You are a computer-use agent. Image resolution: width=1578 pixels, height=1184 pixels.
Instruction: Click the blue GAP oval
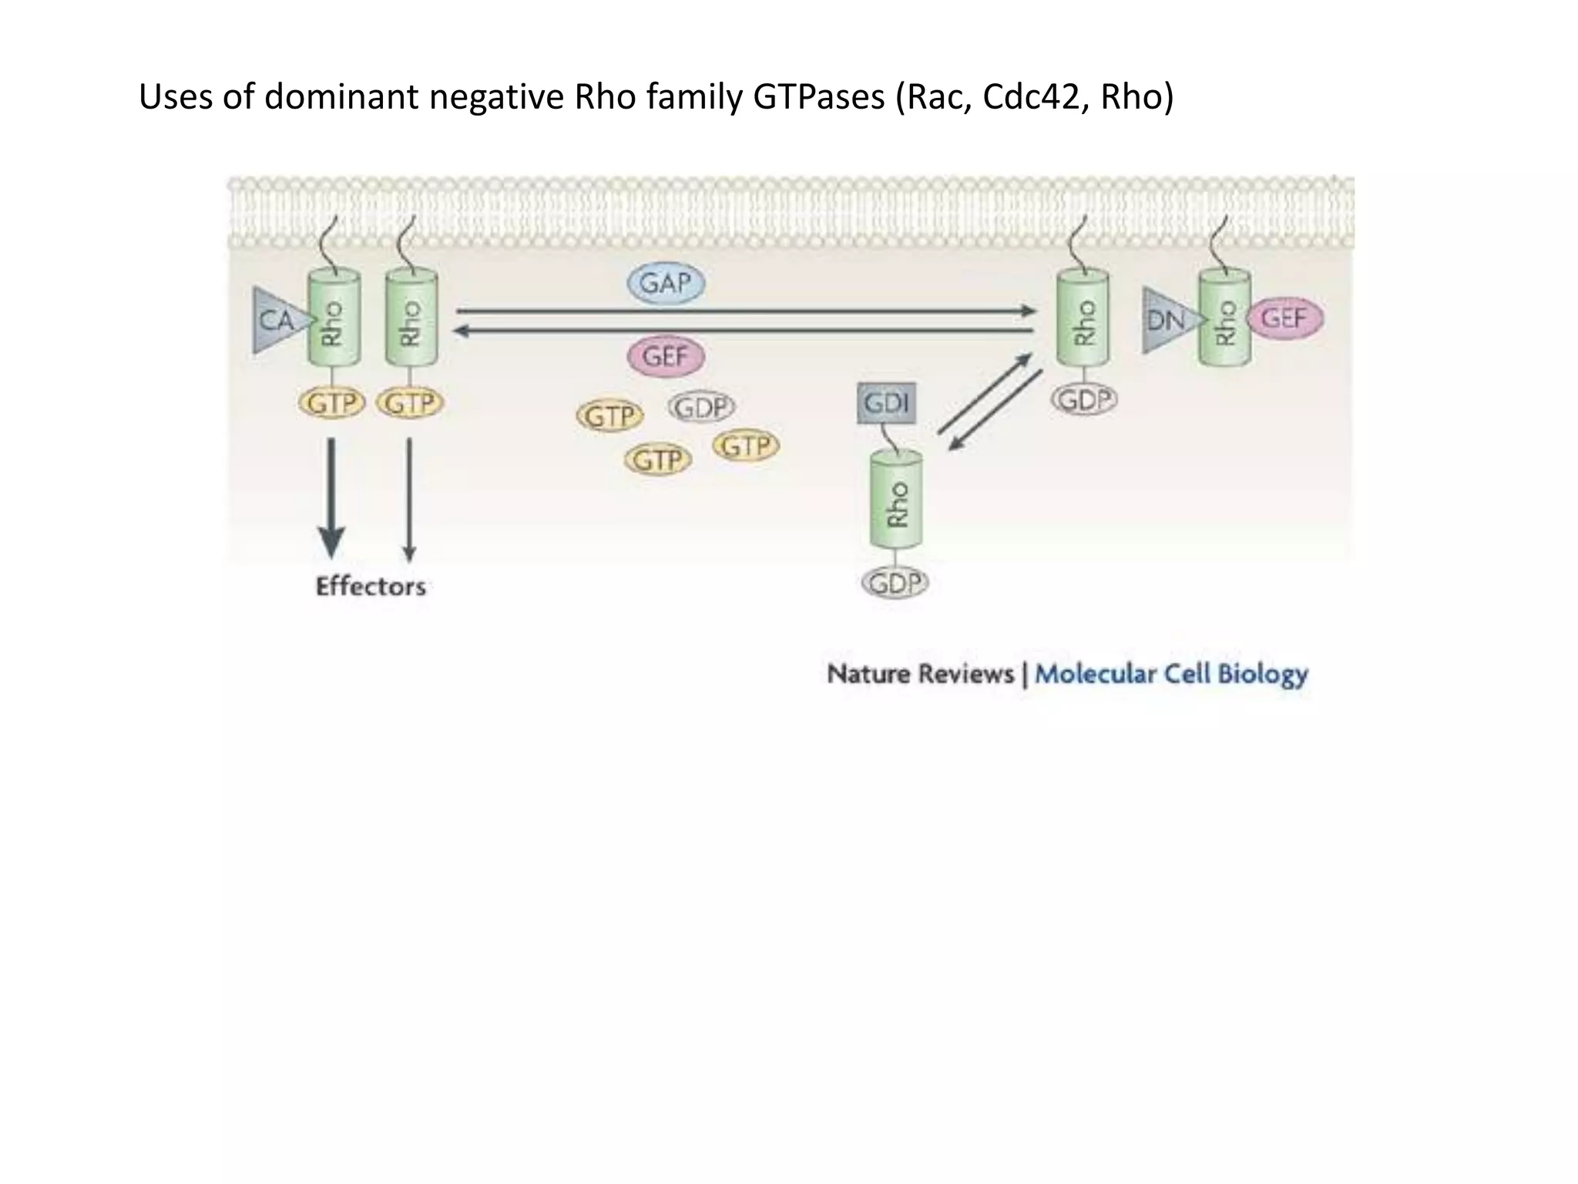point(666,284)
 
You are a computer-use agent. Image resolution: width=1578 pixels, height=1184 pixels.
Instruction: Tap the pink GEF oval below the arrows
point(666,357)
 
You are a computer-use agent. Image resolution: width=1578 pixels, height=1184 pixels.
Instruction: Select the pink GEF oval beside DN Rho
point(1284,318)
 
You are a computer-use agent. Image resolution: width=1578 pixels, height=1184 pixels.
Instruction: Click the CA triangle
point(277,320)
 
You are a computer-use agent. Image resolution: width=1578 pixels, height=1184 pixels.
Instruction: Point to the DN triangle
point(1167,320)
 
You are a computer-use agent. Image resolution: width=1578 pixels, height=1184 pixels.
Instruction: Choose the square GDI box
point(887,403)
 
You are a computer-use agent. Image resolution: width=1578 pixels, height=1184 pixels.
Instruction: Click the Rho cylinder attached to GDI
point(896,501)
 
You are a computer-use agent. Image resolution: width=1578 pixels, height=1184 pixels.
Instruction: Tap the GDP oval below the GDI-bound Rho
point(895,583)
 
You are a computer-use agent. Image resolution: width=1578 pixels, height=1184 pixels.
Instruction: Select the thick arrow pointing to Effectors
point(332,497)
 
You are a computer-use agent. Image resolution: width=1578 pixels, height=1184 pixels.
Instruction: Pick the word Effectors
point(371,587)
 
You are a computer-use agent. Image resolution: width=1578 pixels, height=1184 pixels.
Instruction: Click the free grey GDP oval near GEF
point(701,407)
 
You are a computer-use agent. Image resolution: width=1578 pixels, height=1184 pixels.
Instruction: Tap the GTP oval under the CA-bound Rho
point(331,403)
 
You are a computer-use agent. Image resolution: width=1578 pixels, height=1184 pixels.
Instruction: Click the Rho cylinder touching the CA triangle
point(334,318)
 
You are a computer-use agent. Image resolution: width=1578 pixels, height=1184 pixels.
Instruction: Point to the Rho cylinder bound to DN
point(1224,318)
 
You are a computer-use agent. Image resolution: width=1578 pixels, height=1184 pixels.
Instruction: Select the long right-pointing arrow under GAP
point(746,311)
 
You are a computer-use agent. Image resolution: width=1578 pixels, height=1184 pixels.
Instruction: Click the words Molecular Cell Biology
point(1171,674)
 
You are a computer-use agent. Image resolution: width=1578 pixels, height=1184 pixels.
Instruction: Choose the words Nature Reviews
point(920,674)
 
